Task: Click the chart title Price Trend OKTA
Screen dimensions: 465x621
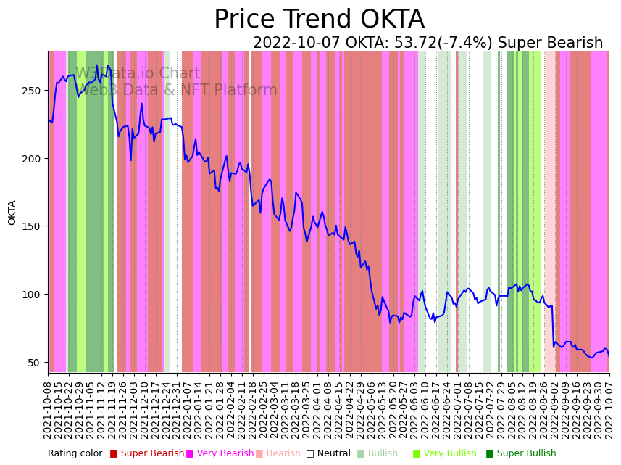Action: [319, 20]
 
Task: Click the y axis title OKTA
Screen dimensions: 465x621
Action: [12, 213]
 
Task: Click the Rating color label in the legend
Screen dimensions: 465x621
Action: [75, 454]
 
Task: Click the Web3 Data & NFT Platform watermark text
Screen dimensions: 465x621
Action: [177, 90]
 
